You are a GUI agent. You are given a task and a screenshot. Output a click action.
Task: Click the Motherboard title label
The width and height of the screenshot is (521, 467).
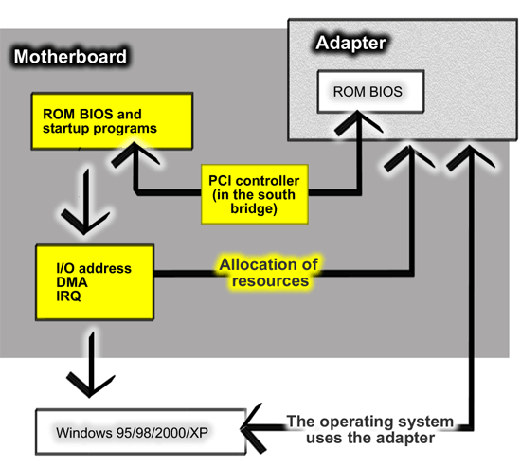[x=70, y=57]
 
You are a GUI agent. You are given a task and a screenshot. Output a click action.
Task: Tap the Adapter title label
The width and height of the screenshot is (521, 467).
[x=350, y=43]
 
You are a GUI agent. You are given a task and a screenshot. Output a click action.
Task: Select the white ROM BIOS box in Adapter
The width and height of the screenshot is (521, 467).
[x=370, y=91]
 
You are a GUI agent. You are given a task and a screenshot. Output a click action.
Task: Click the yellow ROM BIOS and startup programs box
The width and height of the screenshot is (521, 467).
[x=112, y=121]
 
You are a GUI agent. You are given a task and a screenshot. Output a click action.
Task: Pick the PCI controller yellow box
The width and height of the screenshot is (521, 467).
[x=255, y=194]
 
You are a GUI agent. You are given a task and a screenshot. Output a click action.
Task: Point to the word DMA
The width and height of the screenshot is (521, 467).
[x=72, y=282]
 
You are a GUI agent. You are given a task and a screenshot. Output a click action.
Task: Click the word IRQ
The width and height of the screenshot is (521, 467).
[x=68, y=296]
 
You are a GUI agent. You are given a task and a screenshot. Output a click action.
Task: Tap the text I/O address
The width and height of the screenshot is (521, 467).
[x=94, y=268]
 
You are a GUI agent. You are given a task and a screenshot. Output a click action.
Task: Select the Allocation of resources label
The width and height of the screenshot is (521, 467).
[x=269, y=273]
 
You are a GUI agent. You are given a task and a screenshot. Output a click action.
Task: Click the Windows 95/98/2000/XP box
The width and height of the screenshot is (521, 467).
[x=141, y=432]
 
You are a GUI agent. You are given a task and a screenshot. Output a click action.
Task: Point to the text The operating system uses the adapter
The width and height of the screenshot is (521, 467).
[x=370, y=429]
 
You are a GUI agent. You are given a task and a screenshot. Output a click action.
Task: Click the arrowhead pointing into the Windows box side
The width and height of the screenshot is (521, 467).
[x=254, y=428]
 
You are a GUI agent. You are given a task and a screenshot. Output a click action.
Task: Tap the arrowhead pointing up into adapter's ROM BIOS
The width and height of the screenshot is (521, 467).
[x=358, y=122]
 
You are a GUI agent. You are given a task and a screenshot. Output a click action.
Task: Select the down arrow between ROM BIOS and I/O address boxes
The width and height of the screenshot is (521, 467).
[x=85, y=202]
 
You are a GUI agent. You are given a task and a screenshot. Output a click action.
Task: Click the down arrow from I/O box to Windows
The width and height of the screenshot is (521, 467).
[x=90, y=365]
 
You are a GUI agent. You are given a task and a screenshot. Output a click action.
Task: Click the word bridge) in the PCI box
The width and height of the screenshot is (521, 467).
[x=254, y=209]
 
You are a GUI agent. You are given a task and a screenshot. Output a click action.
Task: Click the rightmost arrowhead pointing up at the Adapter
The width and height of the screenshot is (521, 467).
[x=470, y=157]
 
